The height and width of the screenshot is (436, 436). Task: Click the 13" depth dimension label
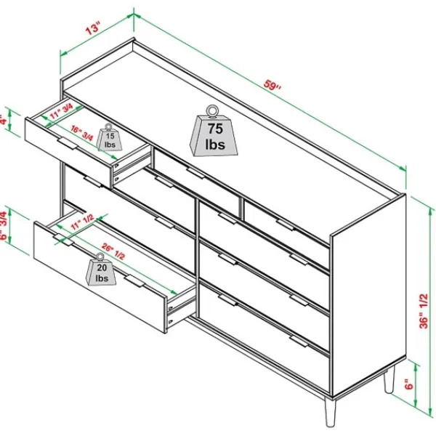pyautogui.click(x=92, y=28)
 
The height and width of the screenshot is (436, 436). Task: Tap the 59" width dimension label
pyautogui.click(x=272, y=84)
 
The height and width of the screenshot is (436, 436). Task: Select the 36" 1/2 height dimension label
pyautogui.click(x=424, y=311)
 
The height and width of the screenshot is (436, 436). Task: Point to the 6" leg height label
pyautogui.click(x=408, y=384)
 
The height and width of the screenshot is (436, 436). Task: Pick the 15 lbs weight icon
pyautogui.click(x=109, y=137)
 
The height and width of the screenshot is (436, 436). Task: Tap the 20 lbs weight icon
pyautogui.click(x=101, y=269)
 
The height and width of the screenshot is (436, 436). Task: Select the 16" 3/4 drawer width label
pyautogui.click(x=82, y=133)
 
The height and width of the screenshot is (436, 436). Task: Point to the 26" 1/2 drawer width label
pyautogui.click(x=113, y=251)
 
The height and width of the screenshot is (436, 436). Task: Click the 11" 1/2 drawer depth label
pyautogui.click(x=82, y=222)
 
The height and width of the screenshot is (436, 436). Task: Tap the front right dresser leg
pyautogui.click(x=331, y=412)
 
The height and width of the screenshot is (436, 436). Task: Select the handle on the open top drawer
pyautogui.click(x=68, y=143)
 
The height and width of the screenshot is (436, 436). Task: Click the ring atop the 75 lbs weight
pyautogui.click(x=213, y=110)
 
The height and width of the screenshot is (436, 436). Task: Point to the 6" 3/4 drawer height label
pyautogui.click(x=4, y=225)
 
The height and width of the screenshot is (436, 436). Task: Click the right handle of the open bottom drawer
pyautogui.click(x=135, y=280)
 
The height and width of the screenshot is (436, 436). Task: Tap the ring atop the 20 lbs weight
pyautogui.click(x=100, y=257)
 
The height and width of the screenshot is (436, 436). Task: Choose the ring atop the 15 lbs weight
pyautogui.click(x=108, y=127)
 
